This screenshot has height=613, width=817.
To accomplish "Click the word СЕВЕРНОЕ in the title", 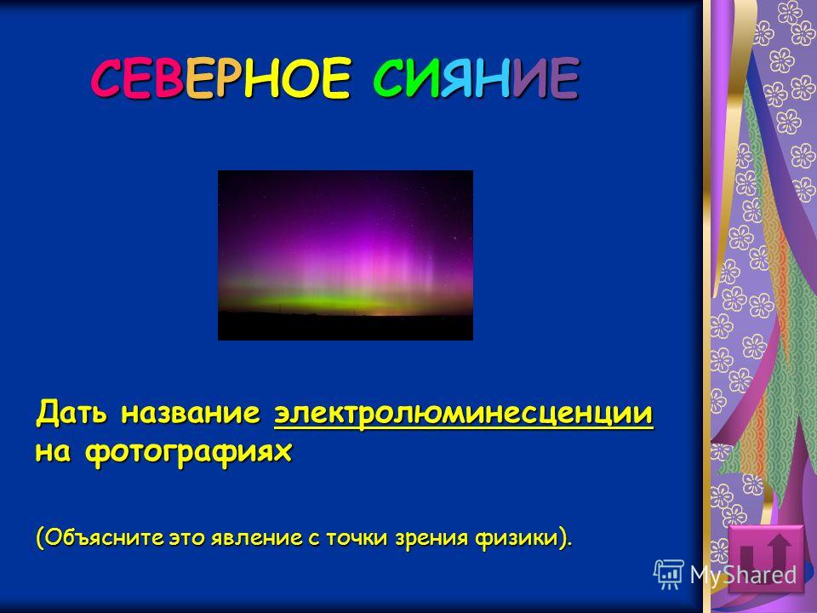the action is pos(221,78).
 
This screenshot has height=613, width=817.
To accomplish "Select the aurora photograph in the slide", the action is pos(346,255).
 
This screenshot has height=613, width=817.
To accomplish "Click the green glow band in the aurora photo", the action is pos(334,302).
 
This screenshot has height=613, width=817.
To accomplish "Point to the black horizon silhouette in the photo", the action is pos(346,327).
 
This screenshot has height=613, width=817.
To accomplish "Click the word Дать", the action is pos(71,413).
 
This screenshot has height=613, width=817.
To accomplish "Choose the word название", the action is pos(191,414).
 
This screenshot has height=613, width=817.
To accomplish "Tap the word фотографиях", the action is pos(188,452).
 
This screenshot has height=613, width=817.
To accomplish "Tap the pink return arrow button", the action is pos(766,559).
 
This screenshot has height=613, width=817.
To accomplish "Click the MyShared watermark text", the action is pos(744,575).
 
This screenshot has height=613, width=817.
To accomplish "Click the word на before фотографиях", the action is pos(53,452).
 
